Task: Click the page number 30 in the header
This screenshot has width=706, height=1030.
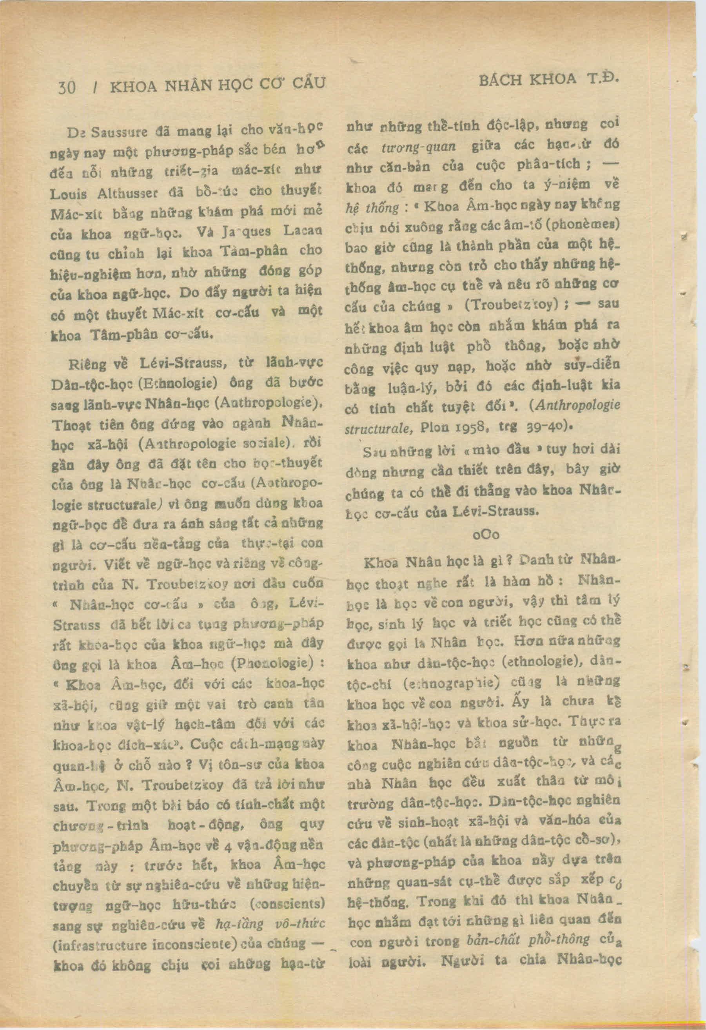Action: coord(67,87)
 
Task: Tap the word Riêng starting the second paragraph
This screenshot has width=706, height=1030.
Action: coord(87,365)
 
